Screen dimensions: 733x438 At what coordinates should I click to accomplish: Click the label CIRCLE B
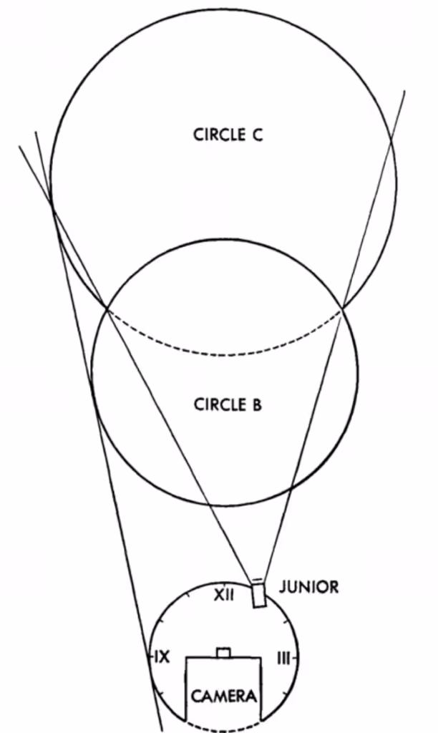[x=228, y=404]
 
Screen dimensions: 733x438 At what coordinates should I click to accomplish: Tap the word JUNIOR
[x=308, y=588]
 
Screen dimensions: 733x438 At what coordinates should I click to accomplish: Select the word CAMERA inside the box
[x=224, y=696]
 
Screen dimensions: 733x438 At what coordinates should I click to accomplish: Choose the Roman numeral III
[x=283, y=658]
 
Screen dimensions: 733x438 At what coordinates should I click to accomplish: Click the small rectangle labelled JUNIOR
[x=258, y=596]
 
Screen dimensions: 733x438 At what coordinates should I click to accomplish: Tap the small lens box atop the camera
[x=224, y=652]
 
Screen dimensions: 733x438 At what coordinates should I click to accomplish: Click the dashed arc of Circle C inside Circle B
[x=224, y=354]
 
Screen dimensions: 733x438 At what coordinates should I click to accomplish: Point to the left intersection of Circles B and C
[x=107, y=309]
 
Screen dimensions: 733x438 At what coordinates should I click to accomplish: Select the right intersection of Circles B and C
[x=342, y=308]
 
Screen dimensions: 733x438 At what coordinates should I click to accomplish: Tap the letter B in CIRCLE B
[x=256, y=404]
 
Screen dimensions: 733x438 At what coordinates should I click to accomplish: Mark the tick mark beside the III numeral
[x=293, y=658]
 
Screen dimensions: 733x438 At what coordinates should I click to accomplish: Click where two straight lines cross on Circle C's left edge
[x=53, y=208]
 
